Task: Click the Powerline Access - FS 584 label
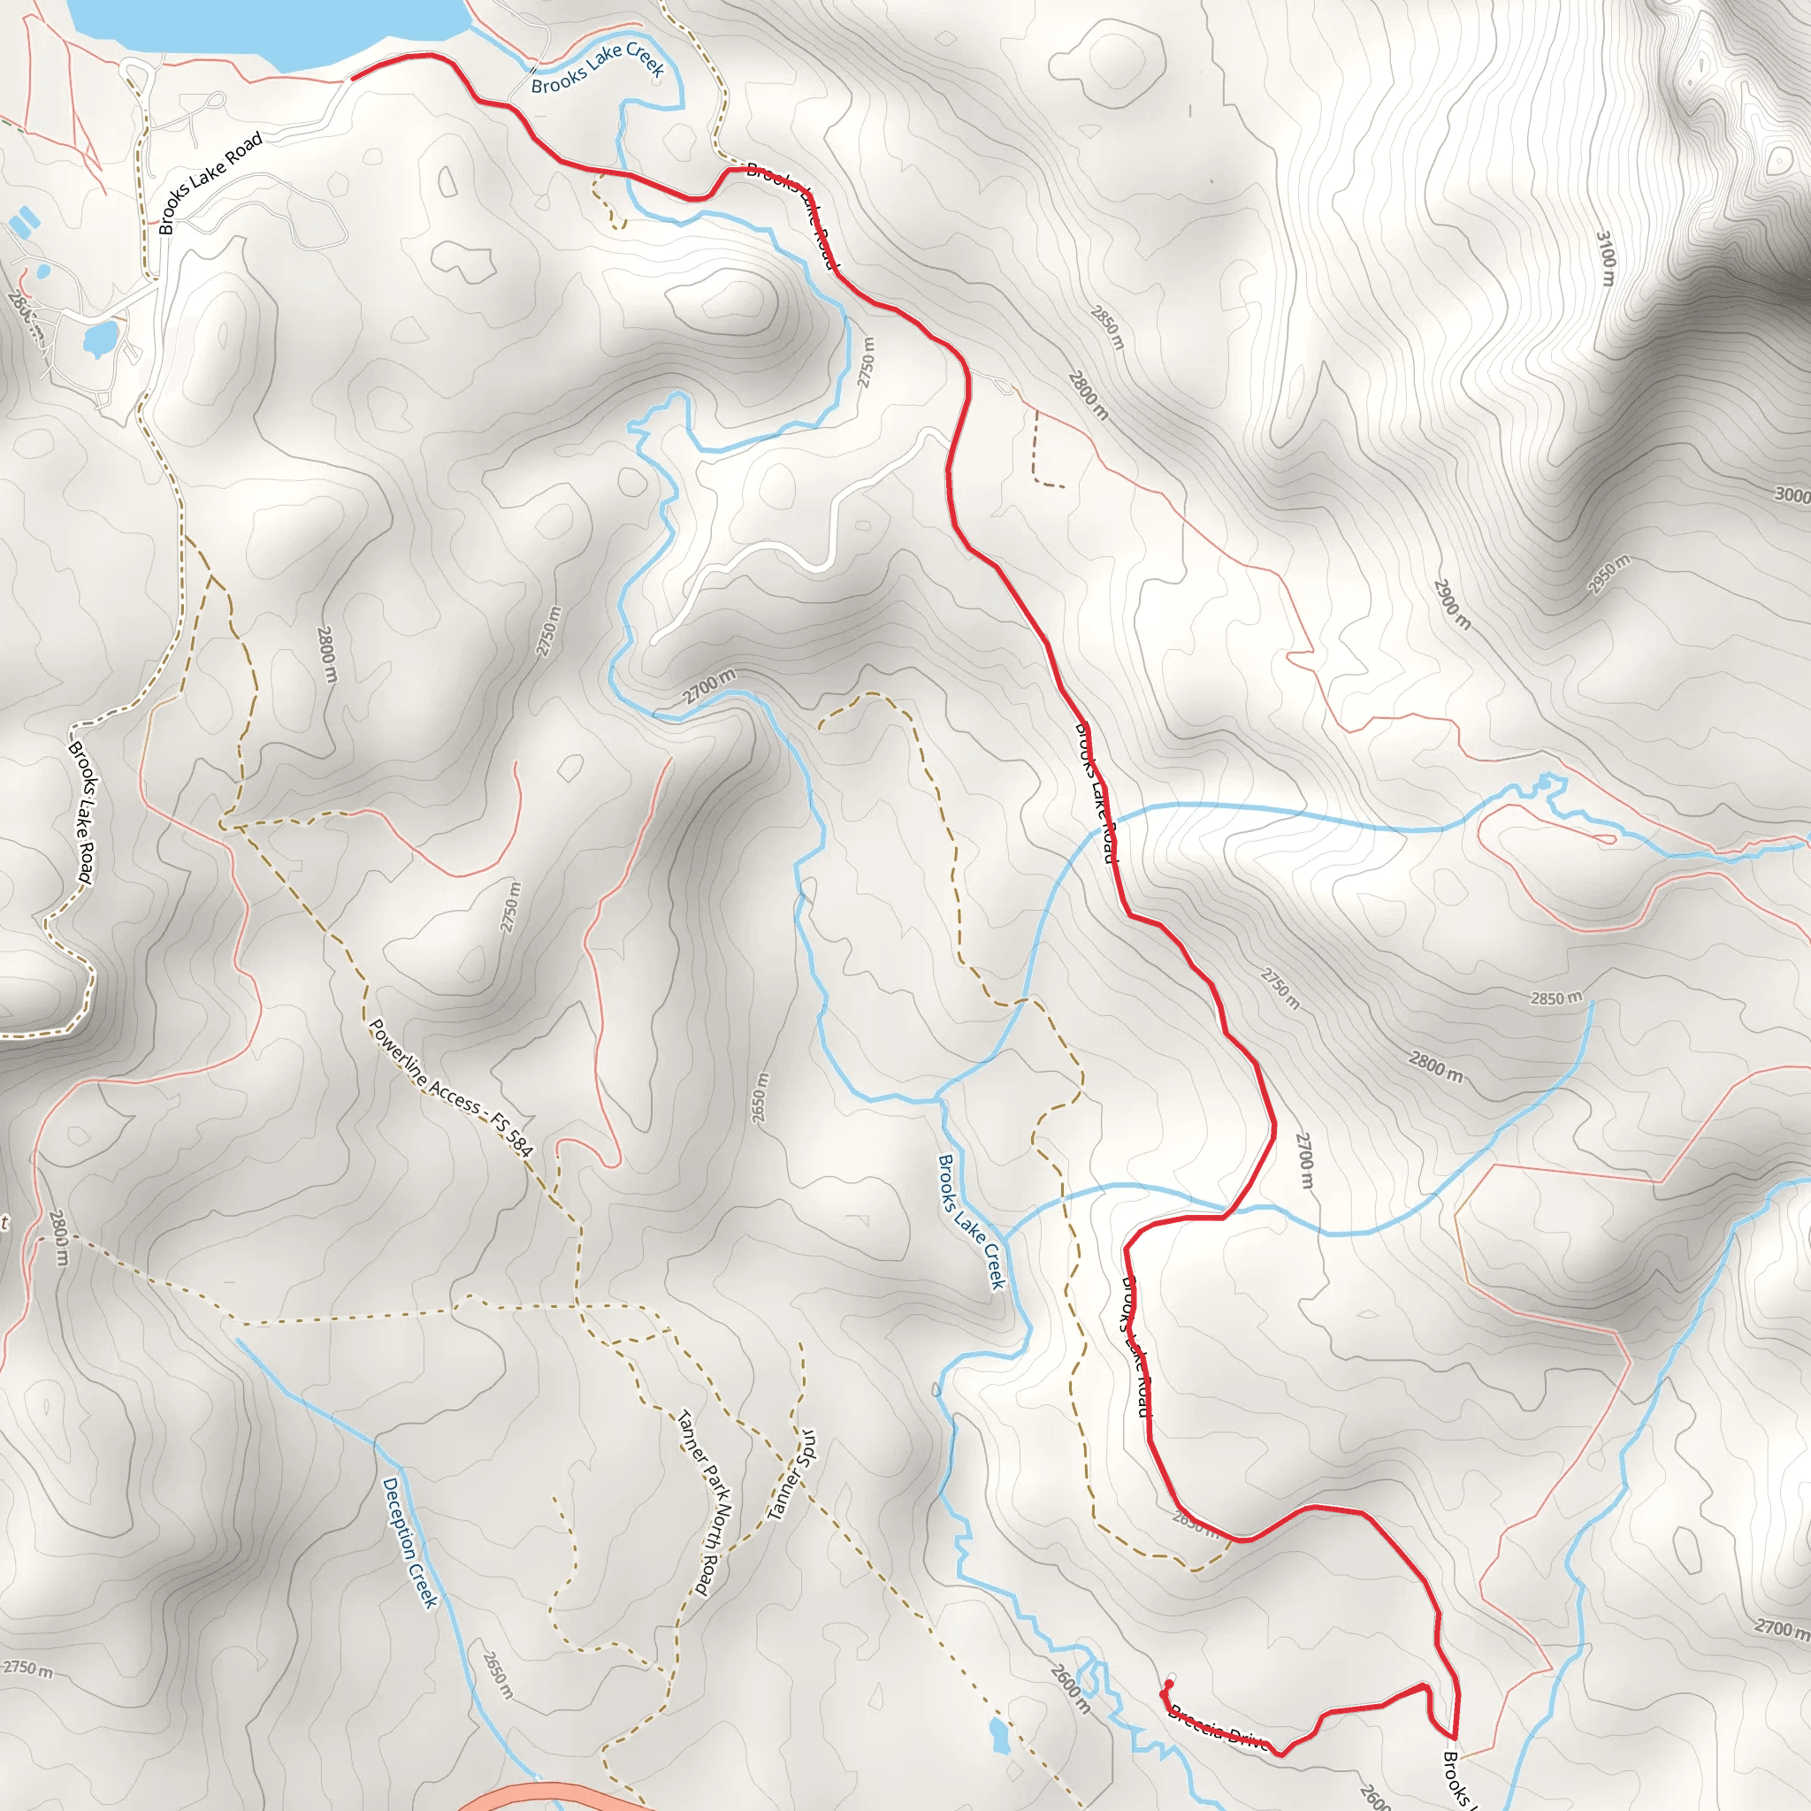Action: pyautogui.click(x=451, y=1089)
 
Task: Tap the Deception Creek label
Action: pyautogui.click(x=409, y=1543)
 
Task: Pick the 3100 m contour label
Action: pyautogui.click(x=1606, y=259)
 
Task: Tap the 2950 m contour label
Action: pyautogui.click(x=1609, y=574)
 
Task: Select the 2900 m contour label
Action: pyautogui.click(x=1452, y=604)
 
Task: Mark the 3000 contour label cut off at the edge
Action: pyautogui.click(x=1792, y=495)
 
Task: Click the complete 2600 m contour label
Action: pyautogui.click(x=1070, y=1688)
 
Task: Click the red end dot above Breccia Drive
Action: pyautogui.click(x=1167, y=1685)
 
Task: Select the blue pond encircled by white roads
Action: pyautogui.click(x=99, y=338)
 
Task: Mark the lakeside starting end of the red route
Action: pyautogui.click(x=354, y=78)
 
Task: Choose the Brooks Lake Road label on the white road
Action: pyautogui.click(x=210, y=184)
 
